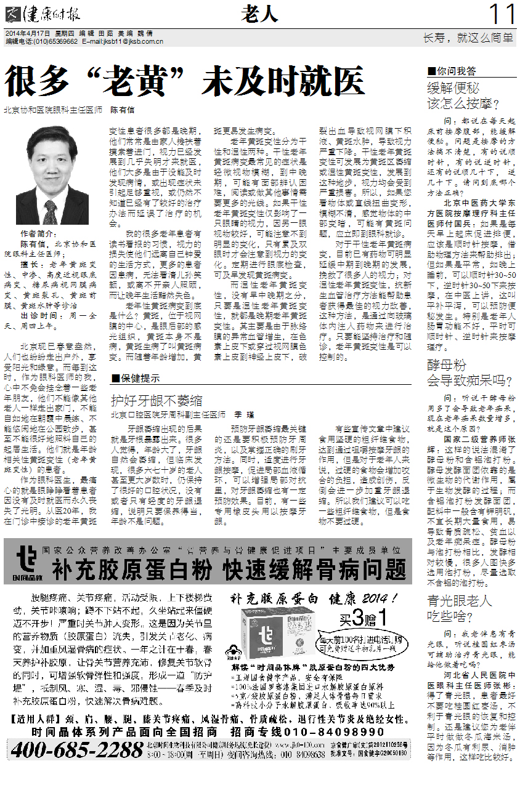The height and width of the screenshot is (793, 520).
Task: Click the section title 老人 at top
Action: click(259, 13)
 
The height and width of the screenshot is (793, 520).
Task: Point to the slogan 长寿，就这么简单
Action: click(468, 38)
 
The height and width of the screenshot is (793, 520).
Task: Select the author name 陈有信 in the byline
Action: click(122, 110)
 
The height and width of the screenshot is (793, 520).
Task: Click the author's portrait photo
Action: click(52, 175)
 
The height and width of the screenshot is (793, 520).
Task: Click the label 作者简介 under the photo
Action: click(36, 235)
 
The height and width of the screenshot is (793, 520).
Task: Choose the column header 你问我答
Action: click(455, 71)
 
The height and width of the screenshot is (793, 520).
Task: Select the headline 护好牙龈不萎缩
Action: click(156, 401)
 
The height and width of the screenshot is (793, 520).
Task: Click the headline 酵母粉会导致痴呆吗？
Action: click(466, 372)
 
